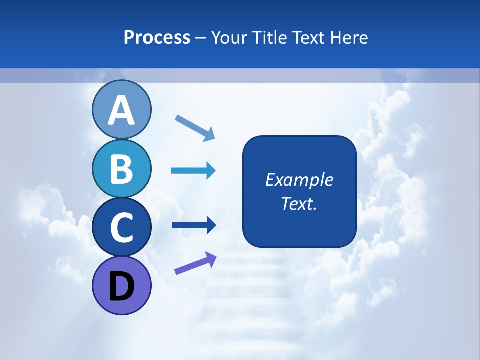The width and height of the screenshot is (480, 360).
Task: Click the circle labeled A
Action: pos(121,110)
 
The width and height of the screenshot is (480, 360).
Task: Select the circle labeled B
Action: pos(121,168)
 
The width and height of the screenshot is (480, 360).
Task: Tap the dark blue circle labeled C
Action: pos(121,227)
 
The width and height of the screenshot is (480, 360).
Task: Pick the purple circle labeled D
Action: pos(121,285)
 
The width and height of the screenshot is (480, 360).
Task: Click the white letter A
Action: pos(121,111)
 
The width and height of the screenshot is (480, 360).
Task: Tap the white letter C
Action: pos(121,227)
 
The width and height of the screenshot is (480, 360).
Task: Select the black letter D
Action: pos(121,287)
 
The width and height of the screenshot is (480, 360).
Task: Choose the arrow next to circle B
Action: pos(193,171)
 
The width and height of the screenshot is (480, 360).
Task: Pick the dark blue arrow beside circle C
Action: pos(193,225)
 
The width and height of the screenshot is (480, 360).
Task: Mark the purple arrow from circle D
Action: pos(195,264)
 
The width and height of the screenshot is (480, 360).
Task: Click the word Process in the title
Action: pos(157,38)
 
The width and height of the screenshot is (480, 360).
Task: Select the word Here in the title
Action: pos(349,38)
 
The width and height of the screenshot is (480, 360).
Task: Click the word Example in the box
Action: pos(299,180)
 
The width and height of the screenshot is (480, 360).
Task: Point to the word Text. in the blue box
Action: pos(299,203)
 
